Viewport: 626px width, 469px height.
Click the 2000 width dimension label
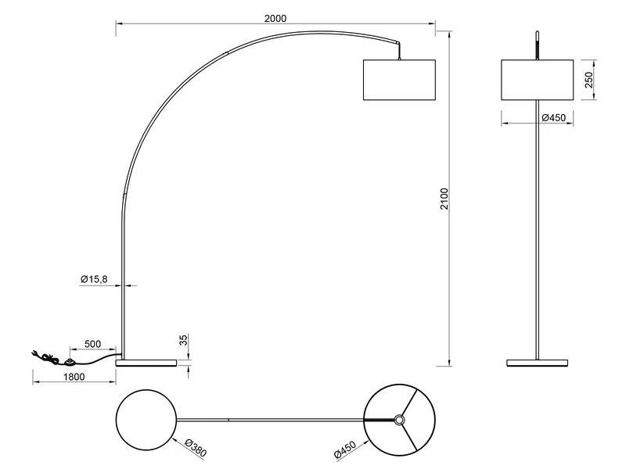(x=274, y=18)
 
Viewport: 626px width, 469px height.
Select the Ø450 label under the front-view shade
(x=553, y=117)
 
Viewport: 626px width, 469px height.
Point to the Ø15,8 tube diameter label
(x=95, y=279)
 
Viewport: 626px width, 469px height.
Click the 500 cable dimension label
(x=92, y=343)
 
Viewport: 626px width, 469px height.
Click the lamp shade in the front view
(x=536, y=80)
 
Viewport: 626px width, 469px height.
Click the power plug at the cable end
(x=36, y=353)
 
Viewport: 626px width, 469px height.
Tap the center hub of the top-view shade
(x=399, y=421)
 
